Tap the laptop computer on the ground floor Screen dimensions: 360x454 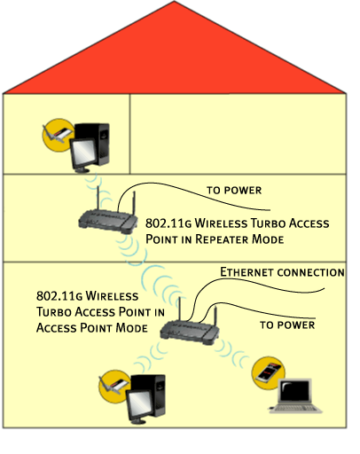coord(295,395)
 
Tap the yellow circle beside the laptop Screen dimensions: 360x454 coord(268,372)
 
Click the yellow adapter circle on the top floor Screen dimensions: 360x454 coord(59,136)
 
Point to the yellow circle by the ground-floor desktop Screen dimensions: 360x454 coord(114,386)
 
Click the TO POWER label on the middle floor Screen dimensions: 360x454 coord(234,191)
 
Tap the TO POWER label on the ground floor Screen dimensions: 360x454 coord(287,325)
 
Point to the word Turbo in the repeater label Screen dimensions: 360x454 coord(268,223)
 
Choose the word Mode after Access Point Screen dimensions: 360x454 coord(131,328)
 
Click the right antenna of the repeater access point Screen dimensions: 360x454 coord(134,203)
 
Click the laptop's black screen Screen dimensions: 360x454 coord(295,391)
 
